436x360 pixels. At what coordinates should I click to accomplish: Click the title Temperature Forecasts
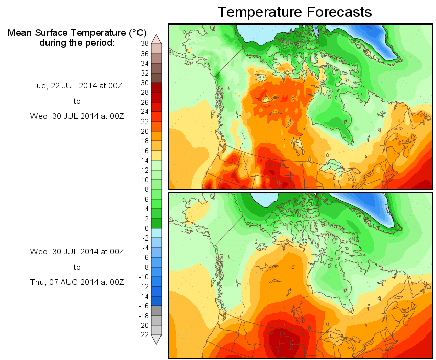click(x=294, y=12)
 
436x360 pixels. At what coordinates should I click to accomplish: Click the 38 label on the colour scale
click(x=145, y=44)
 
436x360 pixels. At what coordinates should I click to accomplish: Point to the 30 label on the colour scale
click(x=145, y=83)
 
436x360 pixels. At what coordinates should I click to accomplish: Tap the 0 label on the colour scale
click(x=147, y=228)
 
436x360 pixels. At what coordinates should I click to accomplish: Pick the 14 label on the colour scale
click(x=145, y=160)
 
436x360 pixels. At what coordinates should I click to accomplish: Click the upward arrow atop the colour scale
click(x=157, y=38)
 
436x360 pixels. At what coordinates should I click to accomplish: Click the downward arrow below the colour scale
click(x=157, y=340)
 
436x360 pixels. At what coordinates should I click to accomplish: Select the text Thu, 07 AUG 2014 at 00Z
click(x=77, y=282)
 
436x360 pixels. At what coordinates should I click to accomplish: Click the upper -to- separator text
click(x=77, y=101)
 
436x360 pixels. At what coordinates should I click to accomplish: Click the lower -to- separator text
click(x=77, y=267)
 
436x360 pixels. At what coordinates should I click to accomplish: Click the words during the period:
click(x=77, y=42)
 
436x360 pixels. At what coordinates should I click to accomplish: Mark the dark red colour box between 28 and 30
click(x=157, y=87)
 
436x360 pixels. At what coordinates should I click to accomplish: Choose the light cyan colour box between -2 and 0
click(x=157, y=233)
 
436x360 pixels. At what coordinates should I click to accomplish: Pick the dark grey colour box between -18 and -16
click(x=157, y=310)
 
